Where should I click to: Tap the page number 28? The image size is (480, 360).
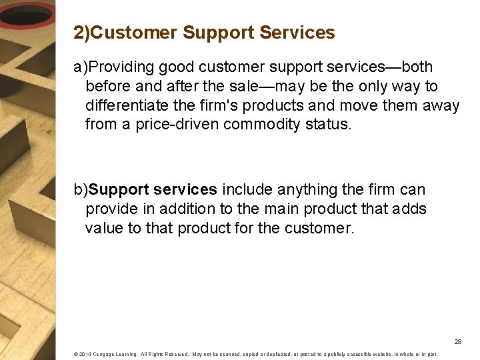(x=458, y=341)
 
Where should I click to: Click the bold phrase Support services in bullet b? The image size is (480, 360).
(x=153, y=190)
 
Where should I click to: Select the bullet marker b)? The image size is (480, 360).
(x=81, y=190)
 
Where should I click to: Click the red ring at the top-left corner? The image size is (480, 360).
(x=27, y=15)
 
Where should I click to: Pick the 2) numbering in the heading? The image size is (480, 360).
(x=81, y=33)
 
